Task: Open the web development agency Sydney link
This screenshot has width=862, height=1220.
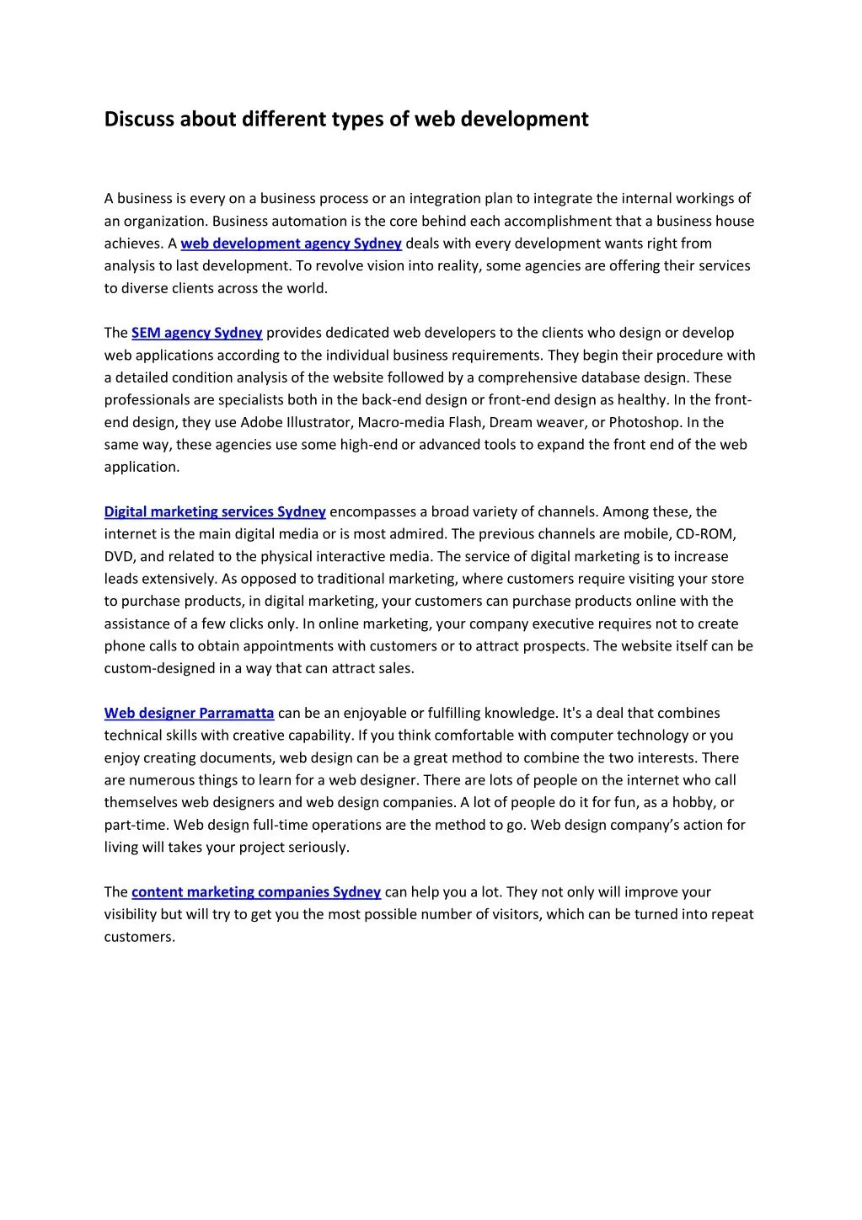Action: coord(291,243)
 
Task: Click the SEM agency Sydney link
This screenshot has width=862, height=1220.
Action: coord(196,333)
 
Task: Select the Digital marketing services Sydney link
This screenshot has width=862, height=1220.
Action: coord(215,511)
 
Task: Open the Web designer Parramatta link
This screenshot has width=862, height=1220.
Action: coord(189,713)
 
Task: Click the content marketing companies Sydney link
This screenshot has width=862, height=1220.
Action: coord(256,891)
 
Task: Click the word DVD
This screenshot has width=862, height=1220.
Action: coord(119,556)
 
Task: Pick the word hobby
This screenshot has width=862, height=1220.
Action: coord(693,802)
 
